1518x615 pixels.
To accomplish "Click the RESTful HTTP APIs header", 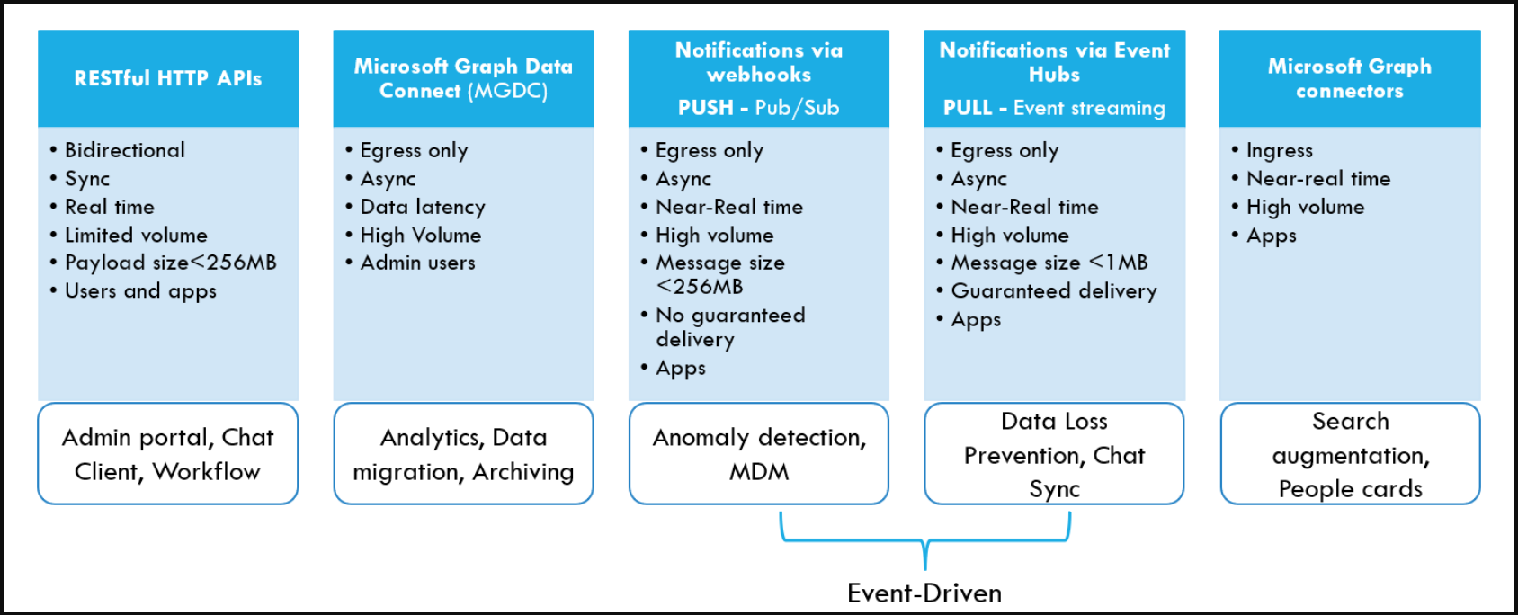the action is pos(168,78).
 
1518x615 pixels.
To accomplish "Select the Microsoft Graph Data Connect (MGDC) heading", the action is pos(463,78).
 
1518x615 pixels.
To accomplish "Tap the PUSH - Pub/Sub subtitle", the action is pos(758,108).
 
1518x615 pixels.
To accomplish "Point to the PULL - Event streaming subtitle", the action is pos(1054,108).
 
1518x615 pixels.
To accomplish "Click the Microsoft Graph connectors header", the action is pos(1349,78).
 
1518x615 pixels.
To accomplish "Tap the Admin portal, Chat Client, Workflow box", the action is pos(168,454).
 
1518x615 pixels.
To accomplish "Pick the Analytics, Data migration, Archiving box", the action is pos(463,454).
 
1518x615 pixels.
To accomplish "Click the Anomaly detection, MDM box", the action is pos(758,454).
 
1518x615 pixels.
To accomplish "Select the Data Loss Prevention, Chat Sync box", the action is pos(1054,454).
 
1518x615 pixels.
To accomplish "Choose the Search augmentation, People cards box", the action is pos(1350,454).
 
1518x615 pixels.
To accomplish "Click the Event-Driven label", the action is pos(924,593).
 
